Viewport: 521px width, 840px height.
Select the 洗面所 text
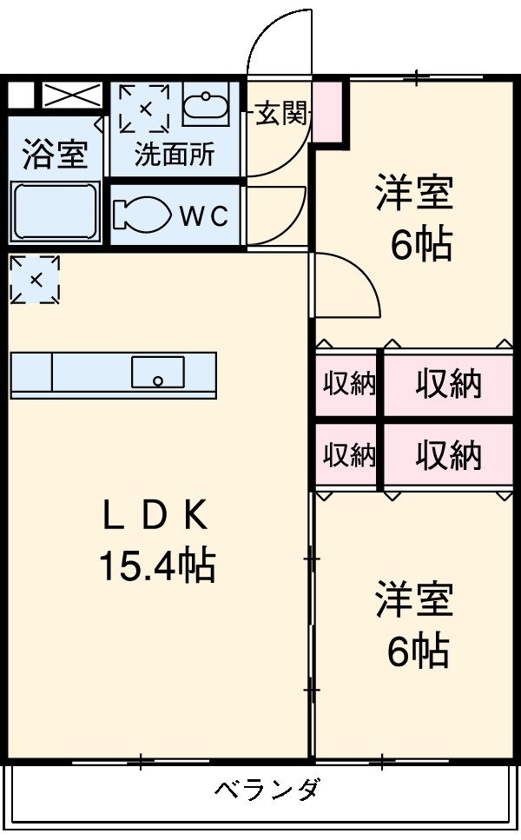(174, 155)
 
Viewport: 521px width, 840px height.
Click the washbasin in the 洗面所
(206, 109)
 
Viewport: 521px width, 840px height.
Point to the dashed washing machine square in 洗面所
(144, 108)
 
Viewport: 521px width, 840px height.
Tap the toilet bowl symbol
(142, 215)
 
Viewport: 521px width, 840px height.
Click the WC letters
(204, 216)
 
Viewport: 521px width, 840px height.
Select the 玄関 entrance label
(280, 114)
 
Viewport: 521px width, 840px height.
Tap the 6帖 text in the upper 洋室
(420, 247)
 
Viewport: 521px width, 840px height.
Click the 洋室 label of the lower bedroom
(414, 602)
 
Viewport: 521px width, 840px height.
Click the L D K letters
(156, 518)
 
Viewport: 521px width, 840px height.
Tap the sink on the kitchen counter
(157, 372)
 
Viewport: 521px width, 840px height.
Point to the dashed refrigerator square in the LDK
(35, 280)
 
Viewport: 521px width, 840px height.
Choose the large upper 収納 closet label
(447, 383)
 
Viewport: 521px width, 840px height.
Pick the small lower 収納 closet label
(349, 455)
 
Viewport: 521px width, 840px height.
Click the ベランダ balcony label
(267, 790)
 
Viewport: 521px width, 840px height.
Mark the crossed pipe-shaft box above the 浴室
(72, 95)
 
